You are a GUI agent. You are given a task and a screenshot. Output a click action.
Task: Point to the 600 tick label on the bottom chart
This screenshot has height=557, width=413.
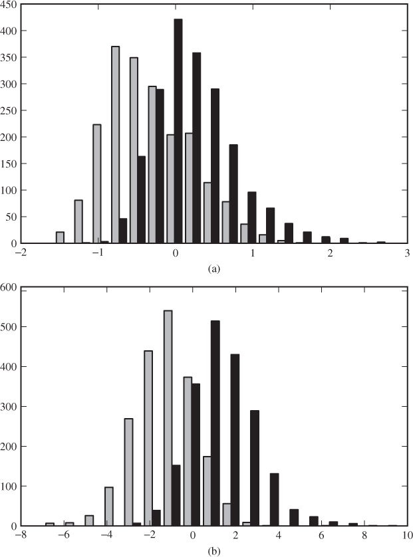(x=9, y=287)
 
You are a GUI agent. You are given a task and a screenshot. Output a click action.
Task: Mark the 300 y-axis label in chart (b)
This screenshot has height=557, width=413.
(x=9, y=406)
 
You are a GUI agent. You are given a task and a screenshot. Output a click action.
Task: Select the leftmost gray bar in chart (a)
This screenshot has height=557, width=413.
(x=60, y=237)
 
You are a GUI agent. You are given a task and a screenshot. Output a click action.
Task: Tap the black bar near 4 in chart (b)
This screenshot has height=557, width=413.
(x=274, y=499)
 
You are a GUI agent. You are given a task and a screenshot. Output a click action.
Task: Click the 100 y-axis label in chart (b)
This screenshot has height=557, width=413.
(x=9, y=486)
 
